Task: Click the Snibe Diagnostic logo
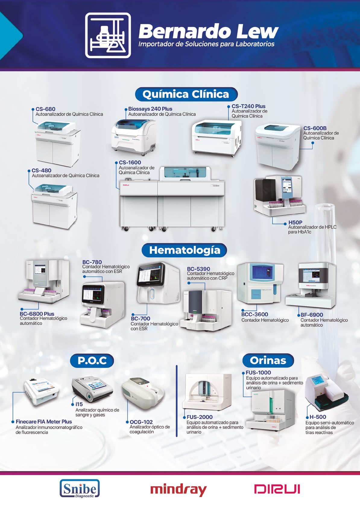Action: (x=80, y=488)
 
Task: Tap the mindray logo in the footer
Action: (x=178, y=489)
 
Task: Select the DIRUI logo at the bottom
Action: (x=277, y=489)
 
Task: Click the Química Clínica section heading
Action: (x=186, y=94)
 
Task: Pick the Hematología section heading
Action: (x=184, y=250)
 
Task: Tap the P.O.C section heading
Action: (x=92, y=361)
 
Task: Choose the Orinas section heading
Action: (x=268, y=360)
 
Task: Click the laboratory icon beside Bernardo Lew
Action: (x=108, y=35)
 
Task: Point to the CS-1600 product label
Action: (x=130, y=163)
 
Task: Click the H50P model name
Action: (x=295, y=223)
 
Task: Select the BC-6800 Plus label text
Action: (x=37, y=314)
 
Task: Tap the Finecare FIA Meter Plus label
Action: (x=44, y=422)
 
